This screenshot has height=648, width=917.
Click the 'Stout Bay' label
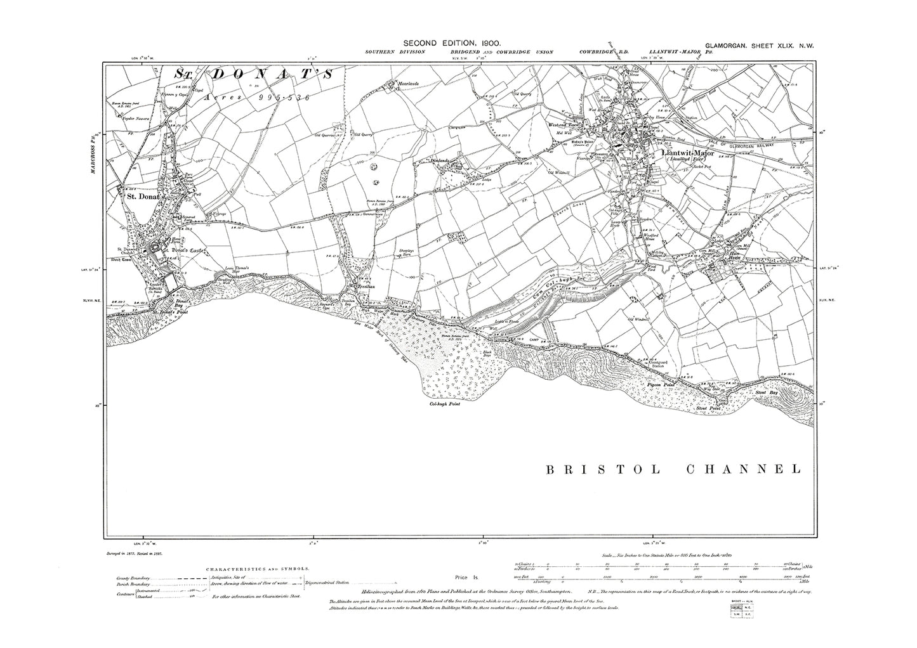[x=765, y=393]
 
